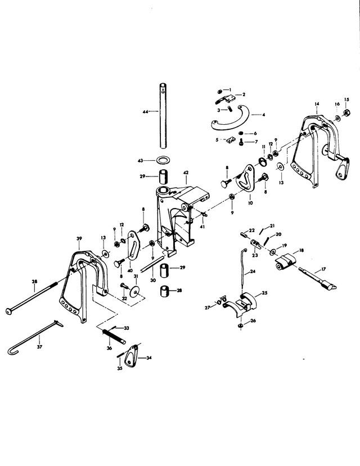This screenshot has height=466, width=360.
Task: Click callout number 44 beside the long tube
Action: point(145,112)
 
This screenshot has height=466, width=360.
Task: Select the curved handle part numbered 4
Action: point(230,118)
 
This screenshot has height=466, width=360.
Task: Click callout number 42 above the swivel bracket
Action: point(186,173)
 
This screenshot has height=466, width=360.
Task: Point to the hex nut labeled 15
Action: point(346,113)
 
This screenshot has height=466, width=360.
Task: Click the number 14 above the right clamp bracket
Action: point(317,104)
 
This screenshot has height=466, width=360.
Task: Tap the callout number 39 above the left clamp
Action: point(79,238)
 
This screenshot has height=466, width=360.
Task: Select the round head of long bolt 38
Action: point(8,311)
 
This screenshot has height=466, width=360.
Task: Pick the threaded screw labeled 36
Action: point(114,336)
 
